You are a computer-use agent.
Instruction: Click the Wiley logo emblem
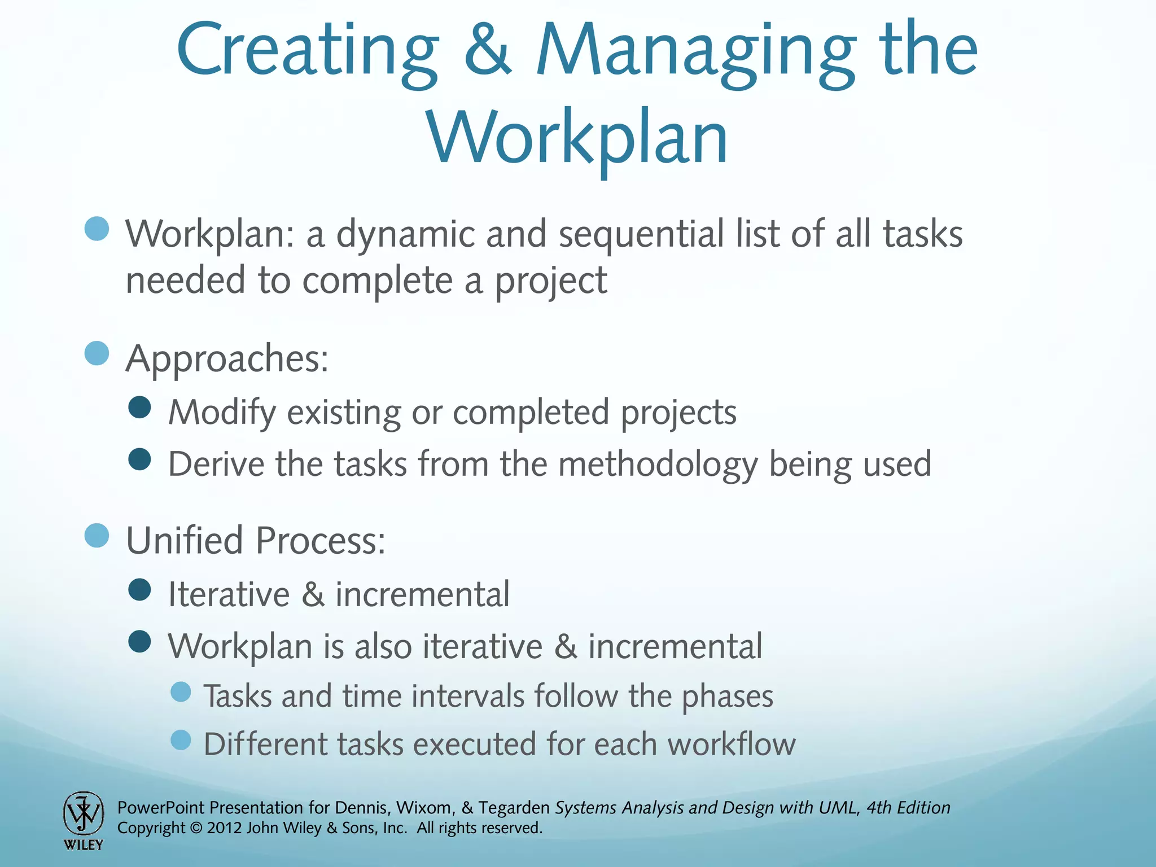tap(84, 813)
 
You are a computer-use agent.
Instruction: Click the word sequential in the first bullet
tap(641, 235)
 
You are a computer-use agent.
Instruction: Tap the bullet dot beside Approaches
tap(97, 354)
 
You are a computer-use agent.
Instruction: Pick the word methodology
tap(658, 465)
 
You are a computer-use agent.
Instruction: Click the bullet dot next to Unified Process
tap(97, 535)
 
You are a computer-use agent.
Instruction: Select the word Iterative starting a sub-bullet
tap(229, 594)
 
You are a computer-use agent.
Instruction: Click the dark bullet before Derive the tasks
tap(139, 459)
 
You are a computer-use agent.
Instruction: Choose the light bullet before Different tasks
tap(181, 739)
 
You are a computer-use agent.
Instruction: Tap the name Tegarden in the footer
tap(514, 808)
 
